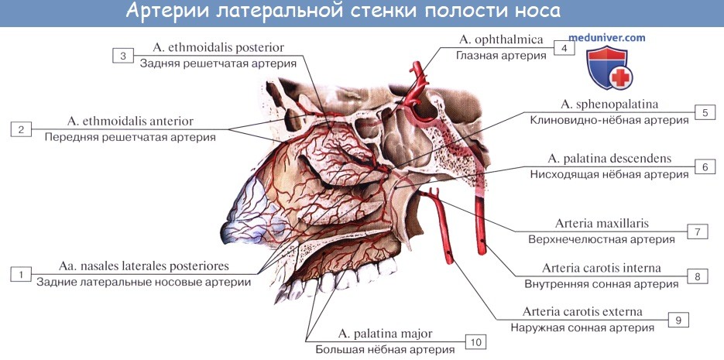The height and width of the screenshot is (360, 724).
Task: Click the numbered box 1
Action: point(21,275)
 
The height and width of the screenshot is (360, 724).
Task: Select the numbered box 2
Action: point(21,130)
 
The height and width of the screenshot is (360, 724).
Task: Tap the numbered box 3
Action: point(123,56)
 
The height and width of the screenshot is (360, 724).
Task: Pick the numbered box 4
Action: point(564,48)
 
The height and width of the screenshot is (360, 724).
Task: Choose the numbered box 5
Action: point(705,112)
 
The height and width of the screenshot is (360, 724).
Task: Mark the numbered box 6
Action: point(705,166)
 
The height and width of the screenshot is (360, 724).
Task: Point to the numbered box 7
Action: point(697,231)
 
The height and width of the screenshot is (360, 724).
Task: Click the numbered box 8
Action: point(697,276)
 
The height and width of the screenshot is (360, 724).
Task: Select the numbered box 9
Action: point(678,320)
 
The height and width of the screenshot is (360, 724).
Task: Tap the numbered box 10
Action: point(476,341)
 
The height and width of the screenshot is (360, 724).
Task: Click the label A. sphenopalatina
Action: point(609,105)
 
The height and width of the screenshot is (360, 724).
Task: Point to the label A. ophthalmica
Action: point(501,39)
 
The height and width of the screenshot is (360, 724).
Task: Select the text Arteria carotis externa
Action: point(582,312)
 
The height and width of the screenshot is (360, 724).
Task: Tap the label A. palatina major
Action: point(385,334)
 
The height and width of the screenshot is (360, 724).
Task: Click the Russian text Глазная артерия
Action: point(502,56)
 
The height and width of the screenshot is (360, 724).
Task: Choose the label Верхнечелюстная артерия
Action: point(602,239)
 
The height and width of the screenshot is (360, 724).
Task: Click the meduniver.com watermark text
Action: point(606,38)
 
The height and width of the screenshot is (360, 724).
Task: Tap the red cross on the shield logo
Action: point(620,77)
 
